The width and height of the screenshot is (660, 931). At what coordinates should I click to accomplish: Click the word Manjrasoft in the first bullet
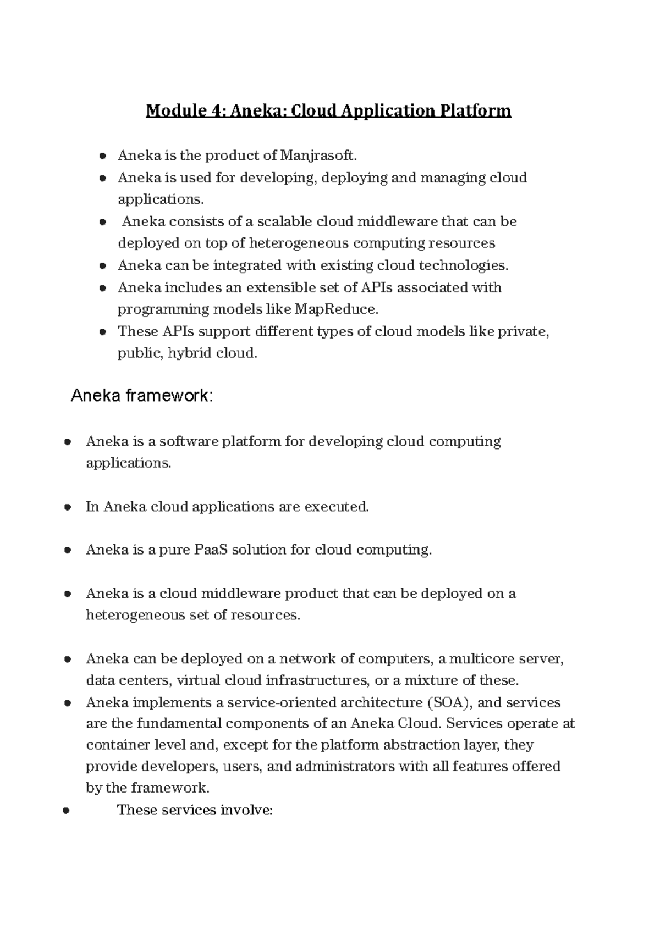coord(318,156)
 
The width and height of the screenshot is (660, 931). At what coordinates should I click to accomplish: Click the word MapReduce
coord(337,309)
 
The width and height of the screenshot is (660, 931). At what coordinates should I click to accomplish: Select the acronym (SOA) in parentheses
coord(445,703)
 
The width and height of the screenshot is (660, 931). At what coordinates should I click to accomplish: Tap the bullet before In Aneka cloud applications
coord(67,507)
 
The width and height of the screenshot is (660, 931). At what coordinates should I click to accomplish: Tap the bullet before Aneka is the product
coord(102,156)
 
